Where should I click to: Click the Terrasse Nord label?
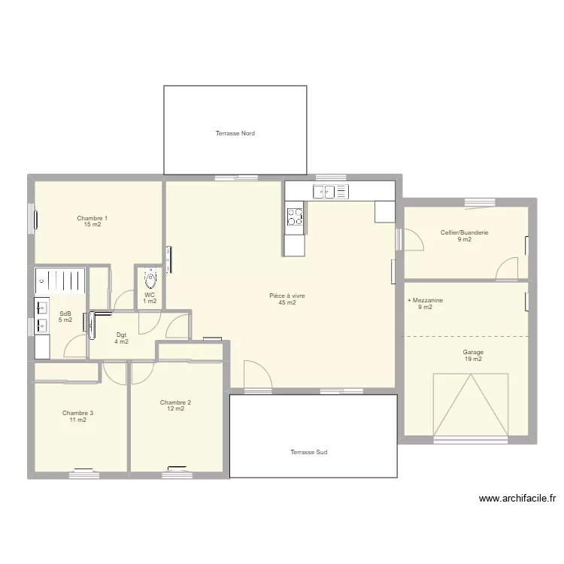coord(235,133)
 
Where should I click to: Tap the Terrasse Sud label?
coord(309,452)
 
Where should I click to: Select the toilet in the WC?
coord(150,278)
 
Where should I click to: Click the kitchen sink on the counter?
coord(331,192)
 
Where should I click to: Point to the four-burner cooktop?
coord(295,217)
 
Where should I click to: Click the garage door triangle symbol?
coord(471,405)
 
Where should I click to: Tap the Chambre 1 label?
coord(92,218)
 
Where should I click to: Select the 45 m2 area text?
coord(287,302)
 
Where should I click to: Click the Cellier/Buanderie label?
coord(465,232)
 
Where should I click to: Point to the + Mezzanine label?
coord(425,300)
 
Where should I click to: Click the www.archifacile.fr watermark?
coord(517,499)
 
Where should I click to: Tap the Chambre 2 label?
coord(175,402)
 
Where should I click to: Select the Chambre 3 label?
coord(77,413)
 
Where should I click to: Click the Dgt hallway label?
coord(122,335)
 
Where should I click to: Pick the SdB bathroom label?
coord(65,314)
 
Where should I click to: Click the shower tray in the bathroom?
coord(60,281)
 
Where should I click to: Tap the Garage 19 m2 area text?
coord(473,359)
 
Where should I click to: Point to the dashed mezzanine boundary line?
coord(465,336)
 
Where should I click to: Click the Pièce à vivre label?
coord(287,296)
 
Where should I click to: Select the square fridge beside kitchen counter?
coord(384,211)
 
